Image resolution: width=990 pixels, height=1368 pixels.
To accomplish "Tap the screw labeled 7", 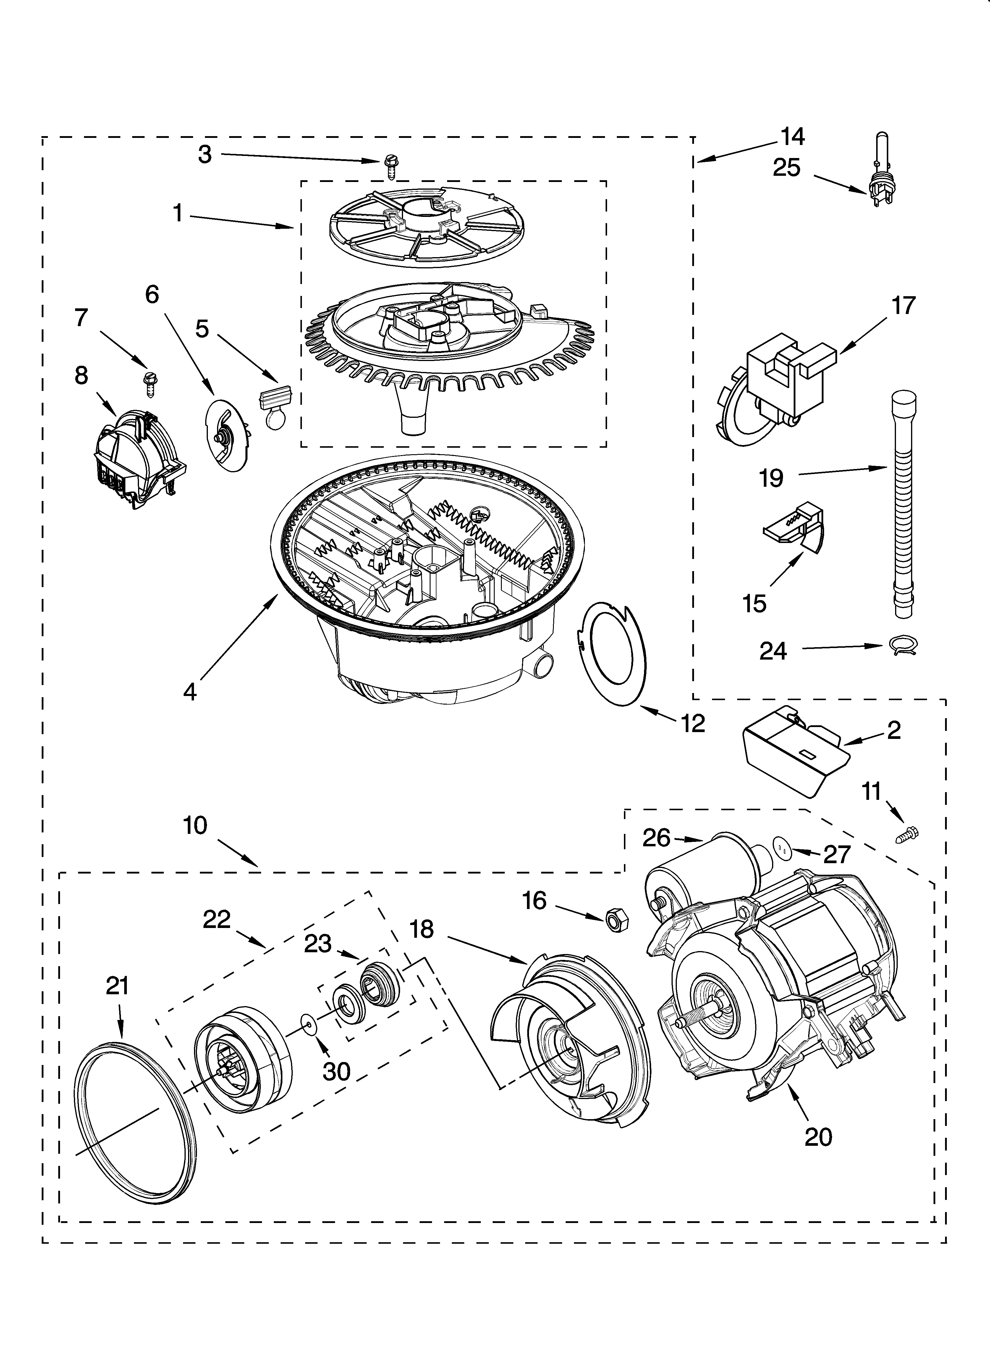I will pyautogui.click(x=148, y=383).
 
